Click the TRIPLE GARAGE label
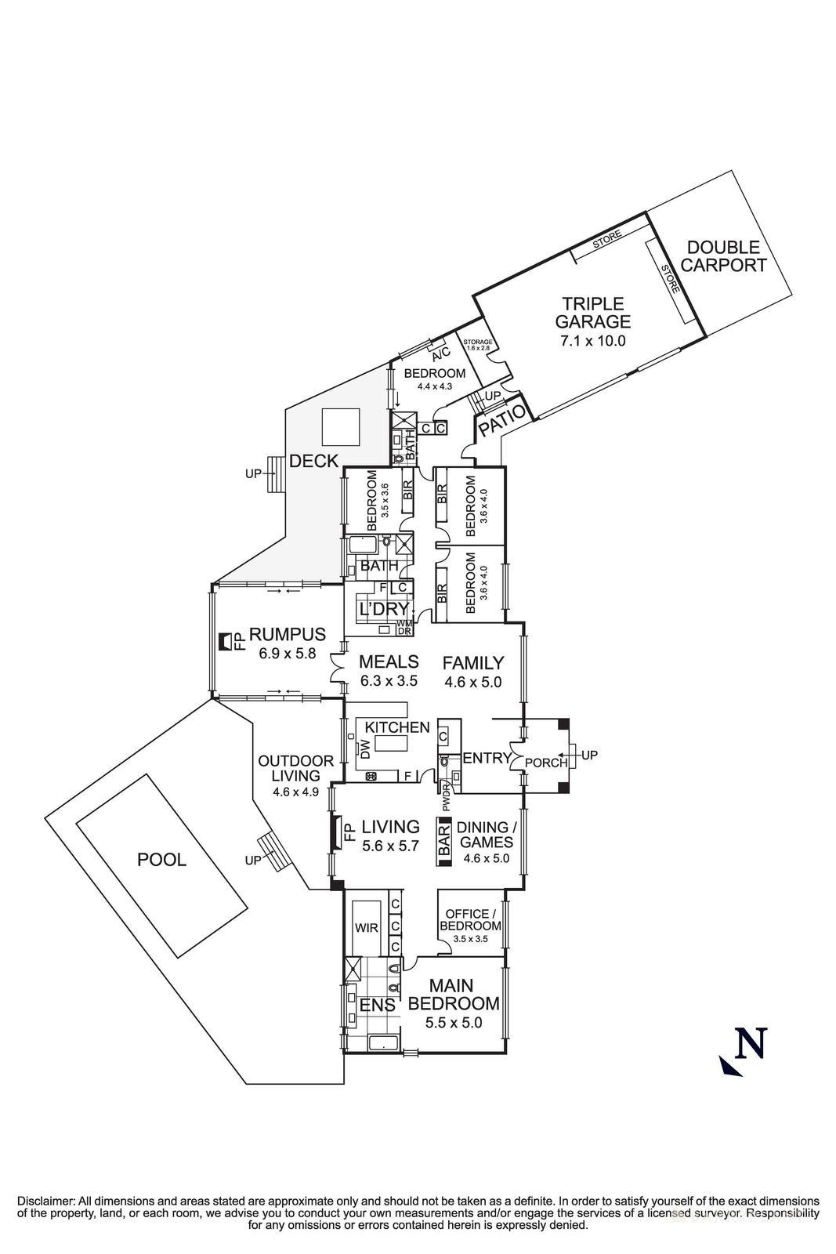pos(592,312)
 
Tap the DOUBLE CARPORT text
pos(723,256)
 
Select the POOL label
pos(161,860)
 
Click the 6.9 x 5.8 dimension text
pos(287,652)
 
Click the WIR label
pos(367,928)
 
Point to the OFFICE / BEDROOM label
pos(470,919)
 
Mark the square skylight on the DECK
pos(341,428)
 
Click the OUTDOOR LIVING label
pos(296,768)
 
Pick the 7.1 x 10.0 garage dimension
pos(592,341)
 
